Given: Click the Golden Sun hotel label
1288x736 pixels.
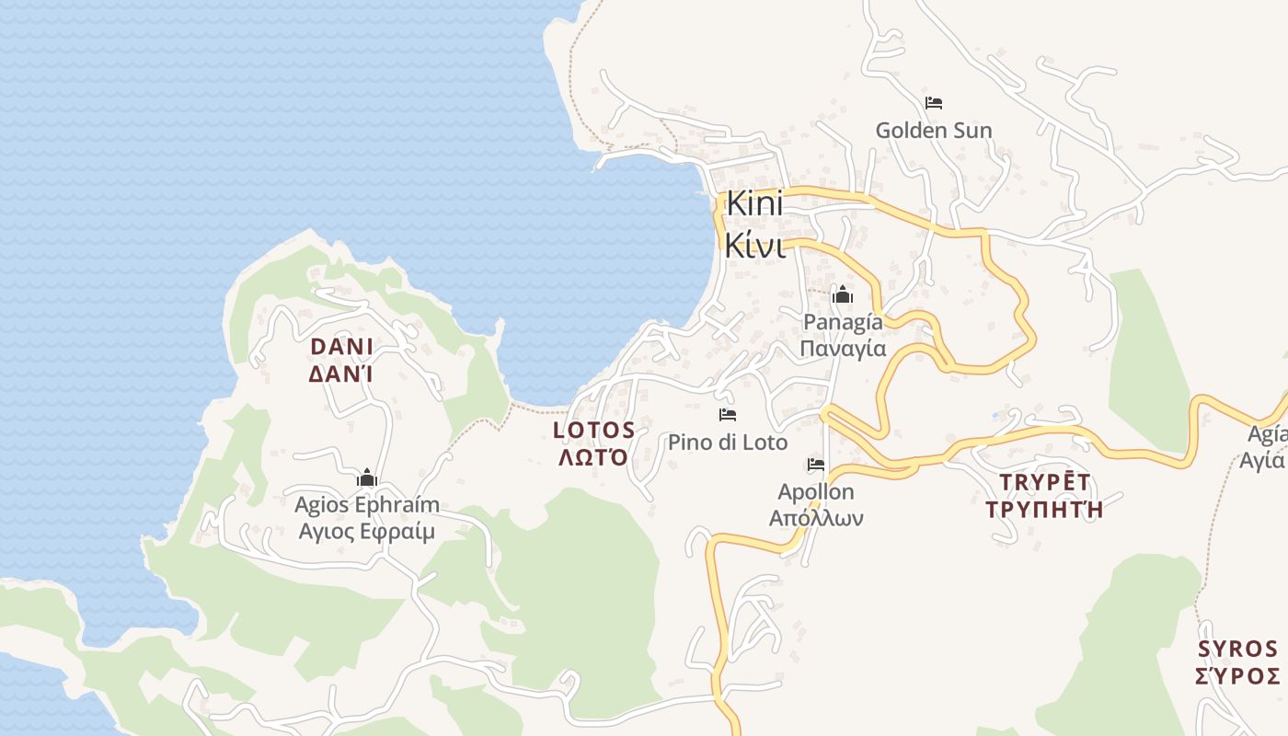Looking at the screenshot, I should (x=933, y=130).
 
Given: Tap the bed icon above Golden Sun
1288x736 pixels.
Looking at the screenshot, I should (x=933, y=102).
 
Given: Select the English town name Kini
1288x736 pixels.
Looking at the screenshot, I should (x=754, y=204).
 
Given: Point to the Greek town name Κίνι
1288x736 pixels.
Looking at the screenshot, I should (x=753, y=246).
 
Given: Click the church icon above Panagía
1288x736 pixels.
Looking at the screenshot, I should (x=842, y=295).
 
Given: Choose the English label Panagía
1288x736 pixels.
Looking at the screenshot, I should (x=843, y=322).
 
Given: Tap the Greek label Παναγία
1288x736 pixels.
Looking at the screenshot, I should (x=843, y=349).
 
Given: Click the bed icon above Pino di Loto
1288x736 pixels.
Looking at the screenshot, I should (x=728, y=415).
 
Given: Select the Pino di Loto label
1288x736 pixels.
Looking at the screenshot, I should (x=728, y=443).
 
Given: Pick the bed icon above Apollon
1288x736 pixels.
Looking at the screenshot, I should (x=816, y=465).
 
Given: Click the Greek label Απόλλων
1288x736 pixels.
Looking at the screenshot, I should (x=816, y=518).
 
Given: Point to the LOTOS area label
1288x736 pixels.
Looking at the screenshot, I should (x=594, y=430).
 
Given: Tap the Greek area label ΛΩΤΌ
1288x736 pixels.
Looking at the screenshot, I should (x=594, y=457).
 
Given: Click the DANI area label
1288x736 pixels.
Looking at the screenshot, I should (x=341, y=347).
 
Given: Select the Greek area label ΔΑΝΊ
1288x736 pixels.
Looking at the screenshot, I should (x=341, y=374).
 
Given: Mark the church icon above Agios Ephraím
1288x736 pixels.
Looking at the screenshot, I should (x=367, y=478).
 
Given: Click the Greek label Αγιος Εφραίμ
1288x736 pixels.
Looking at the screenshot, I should (x=366, y=532).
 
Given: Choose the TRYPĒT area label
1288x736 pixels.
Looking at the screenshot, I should (x=1044, y=482).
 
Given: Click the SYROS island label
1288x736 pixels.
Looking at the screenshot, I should (x=1237, y=650).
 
